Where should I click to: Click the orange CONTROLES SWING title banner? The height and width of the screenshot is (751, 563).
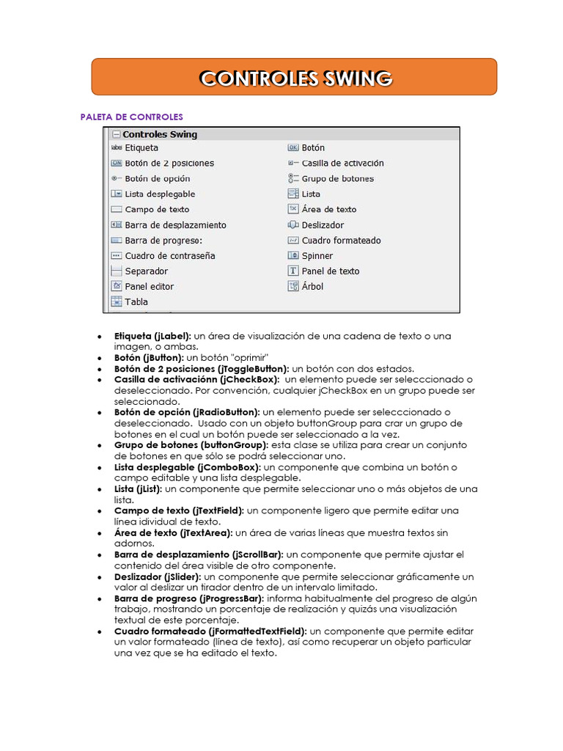click(x=295, y=78)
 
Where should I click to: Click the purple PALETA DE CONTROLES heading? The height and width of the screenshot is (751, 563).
click(x=131, y=117)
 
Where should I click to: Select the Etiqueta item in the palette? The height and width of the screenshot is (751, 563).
click(x=141, y=147)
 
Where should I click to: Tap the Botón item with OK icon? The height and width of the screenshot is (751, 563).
click(x=313, y=147)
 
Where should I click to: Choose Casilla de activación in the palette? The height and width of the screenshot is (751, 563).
click(x=342, y=163)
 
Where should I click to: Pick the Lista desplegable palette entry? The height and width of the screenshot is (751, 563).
click(x=160, y=194)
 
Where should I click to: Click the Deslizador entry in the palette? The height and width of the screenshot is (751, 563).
click(x=323, y=224)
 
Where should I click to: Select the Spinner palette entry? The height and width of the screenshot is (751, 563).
click(x=317, y=255)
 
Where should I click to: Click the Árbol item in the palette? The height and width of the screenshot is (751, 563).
click(x=312, y=286)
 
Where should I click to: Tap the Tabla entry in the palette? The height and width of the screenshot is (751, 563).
click(x=136, y=301)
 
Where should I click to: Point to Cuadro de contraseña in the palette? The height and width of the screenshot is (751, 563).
click(x=169, y=255)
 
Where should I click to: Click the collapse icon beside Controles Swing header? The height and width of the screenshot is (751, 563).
click(x=116, y=135)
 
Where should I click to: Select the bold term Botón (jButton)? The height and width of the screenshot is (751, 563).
click(x=149, y=357)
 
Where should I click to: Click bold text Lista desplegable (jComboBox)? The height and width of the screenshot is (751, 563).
click(x=188, y=466)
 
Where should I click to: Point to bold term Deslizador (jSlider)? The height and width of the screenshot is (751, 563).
click(x=161, y=576)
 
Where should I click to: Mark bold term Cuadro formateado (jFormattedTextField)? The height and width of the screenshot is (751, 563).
click(x=211, y=631)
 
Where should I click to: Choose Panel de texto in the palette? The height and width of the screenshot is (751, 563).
click(x=331, y=271)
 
